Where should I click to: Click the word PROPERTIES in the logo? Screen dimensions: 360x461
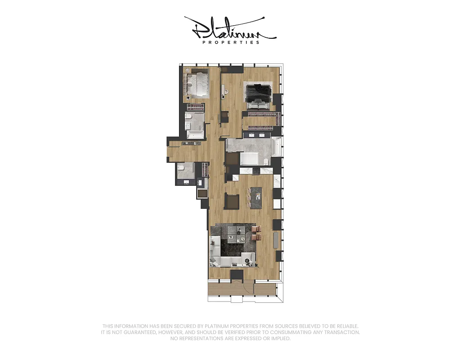tap(230, 43)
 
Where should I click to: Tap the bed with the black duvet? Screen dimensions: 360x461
tap(257, 92)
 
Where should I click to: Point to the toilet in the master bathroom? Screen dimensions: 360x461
tap(266, 161)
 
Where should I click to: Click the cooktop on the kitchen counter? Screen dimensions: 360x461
tap(256, 171)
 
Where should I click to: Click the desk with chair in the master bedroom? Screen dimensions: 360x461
tap(224, 93)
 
